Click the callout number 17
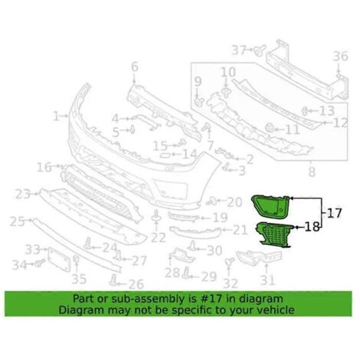tap(334, 213)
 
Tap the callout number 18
tap(313, 227)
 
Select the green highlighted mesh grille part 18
tap(274, 235)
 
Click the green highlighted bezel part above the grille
tap(270, 207)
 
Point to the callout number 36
tap(341, 56)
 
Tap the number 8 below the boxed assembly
tap(312, 172)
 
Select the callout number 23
tap(23, 195)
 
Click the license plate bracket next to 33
tap(59, 260)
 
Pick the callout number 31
tap(268, 280)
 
